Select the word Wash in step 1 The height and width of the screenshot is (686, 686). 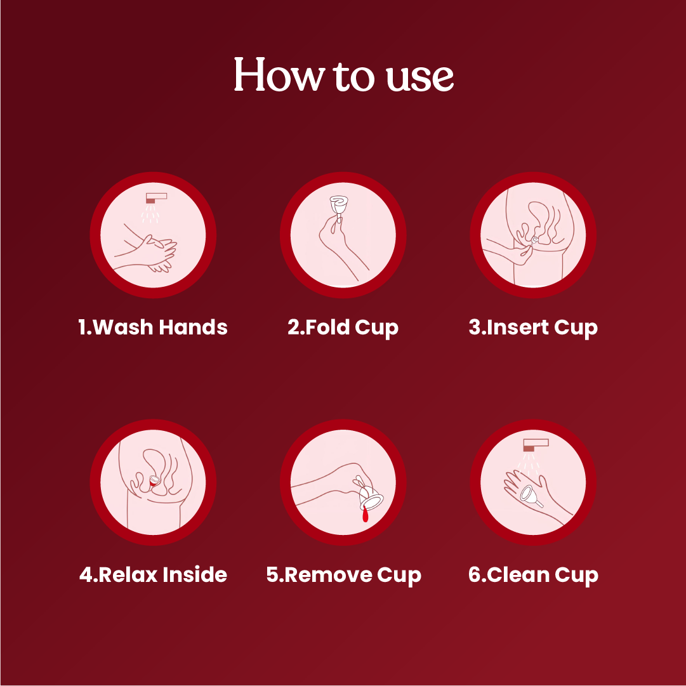tap(124, 327)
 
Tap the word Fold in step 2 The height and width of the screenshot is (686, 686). tap(327, 327)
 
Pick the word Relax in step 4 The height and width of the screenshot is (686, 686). tap(128, 575)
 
